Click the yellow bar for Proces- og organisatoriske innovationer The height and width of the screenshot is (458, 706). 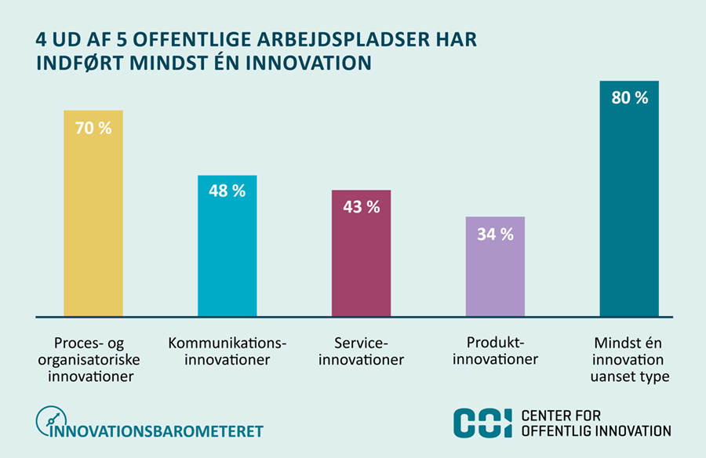(x=93, y=213)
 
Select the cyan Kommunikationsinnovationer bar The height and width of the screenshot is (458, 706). (x=227, y=246)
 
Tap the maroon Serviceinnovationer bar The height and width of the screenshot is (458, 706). (x=361, y=253)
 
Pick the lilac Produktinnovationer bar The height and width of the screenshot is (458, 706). (x=495, y=267)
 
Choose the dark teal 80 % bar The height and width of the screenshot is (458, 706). (x=629, y=198)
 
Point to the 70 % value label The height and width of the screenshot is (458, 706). (x=93, y=129)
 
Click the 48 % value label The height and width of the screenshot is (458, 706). (x=227, y=191)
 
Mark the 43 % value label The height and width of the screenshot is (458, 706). (x=362, y=207)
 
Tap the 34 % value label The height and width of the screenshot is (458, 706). (x=495, y=234)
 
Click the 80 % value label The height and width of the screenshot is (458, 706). (x=629, y=98)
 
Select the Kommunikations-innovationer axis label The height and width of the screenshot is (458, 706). (x=227, y=351)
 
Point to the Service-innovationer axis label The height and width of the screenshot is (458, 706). (x=361, y=351)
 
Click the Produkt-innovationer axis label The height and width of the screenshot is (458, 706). (x=495, y=351)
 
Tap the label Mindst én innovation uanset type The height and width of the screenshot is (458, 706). (x=629, y=359)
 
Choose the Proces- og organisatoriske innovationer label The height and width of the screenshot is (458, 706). (x=89, y=359)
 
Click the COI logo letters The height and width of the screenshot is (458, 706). (x=482, y=423)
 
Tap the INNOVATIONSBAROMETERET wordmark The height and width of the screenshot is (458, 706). (x=156, y=431)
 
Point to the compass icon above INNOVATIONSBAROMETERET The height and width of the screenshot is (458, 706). (x=51, y=420)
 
